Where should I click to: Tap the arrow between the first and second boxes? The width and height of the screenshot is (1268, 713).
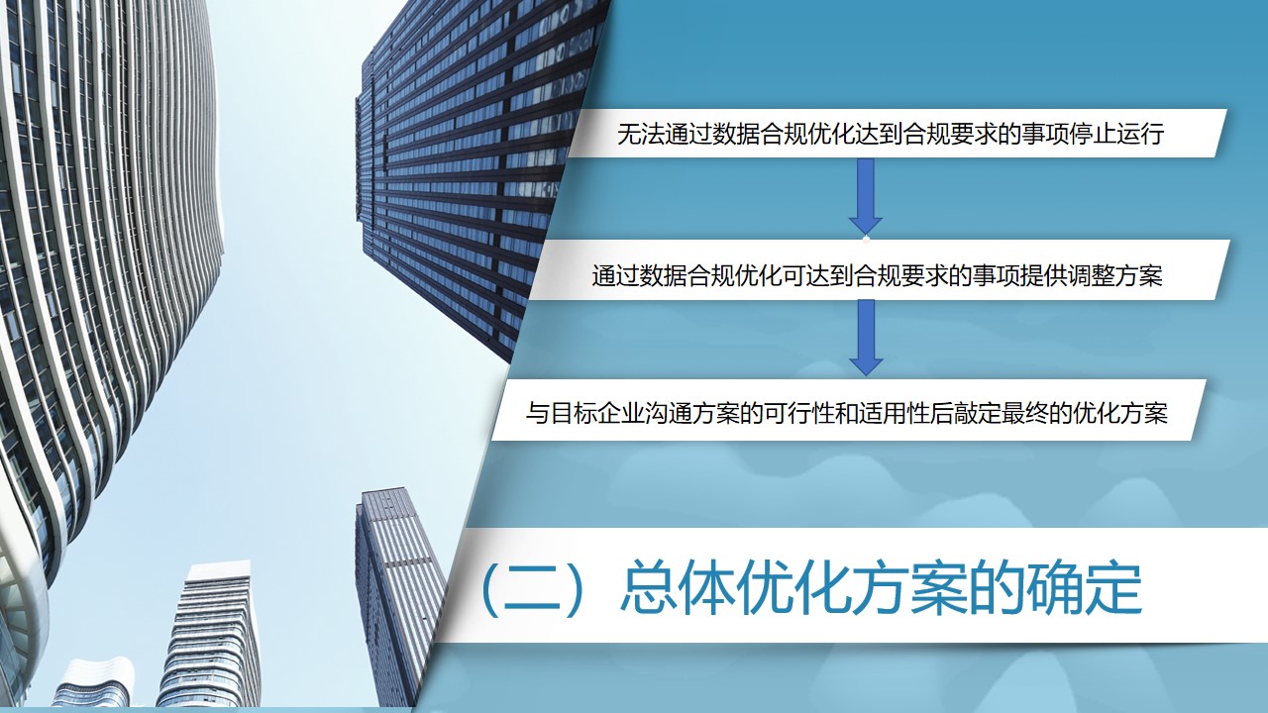tap(866, 196)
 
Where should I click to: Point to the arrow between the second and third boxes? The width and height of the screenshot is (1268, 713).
tap(866, 338)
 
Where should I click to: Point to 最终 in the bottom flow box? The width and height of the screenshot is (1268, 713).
tap(1036, 413)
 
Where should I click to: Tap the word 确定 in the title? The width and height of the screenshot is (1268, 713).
tap(1085, 587)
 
